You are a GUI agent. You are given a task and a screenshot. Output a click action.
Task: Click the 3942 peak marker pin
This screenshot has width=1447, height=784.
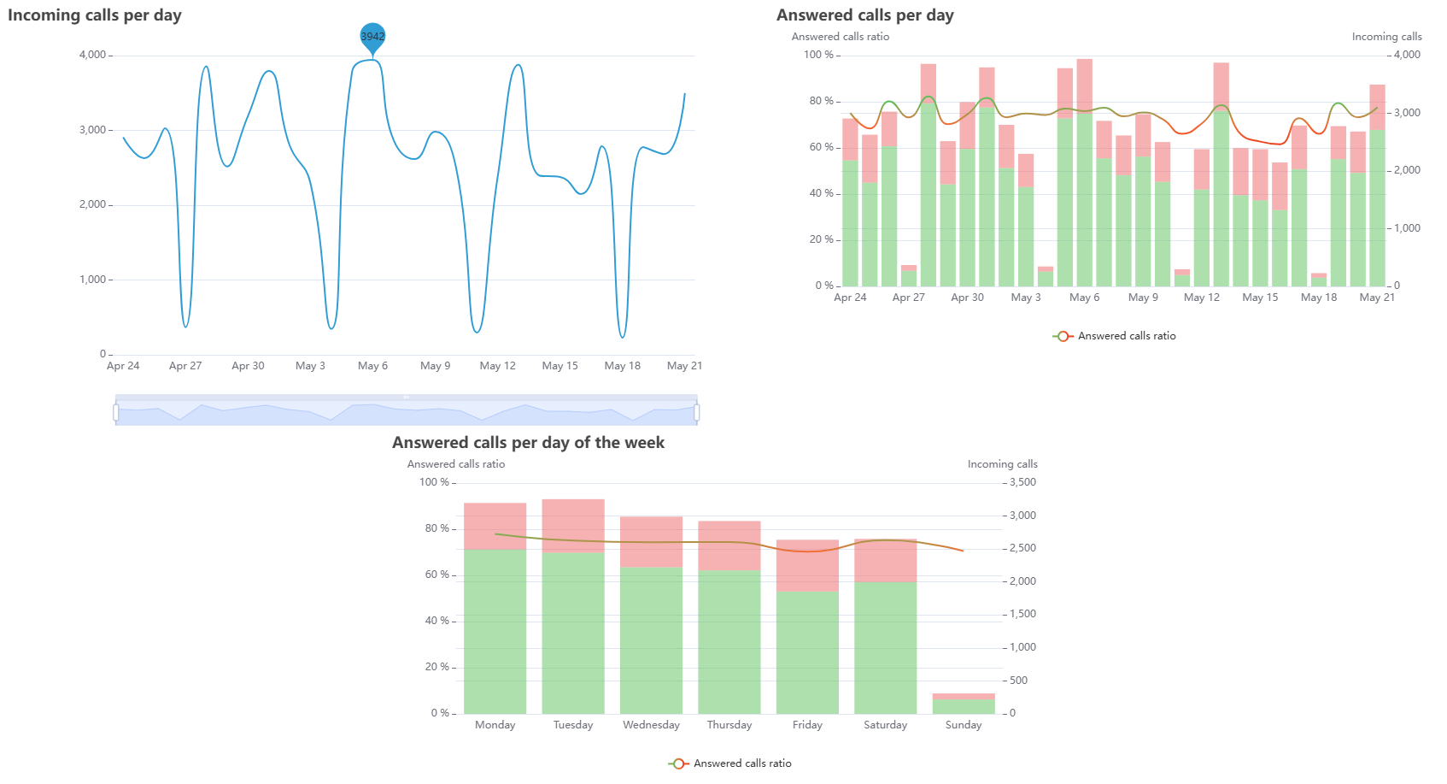coord(372,36)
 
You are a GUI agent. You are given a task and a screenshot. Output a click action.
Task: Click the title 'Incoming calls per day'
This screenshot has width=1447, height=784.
coord(95,15)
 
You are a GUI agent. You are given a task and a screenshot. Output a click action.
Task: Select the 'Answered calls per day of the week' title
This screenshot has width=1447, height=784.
coord(528,443)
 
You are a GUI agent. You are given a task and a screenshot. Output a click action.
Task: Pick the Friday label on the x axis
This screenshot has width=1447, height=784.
coord(807,725)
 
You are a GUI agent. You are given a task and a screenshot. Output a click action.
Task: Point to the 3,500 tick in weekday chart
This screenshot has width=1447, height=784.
coord(1022,482)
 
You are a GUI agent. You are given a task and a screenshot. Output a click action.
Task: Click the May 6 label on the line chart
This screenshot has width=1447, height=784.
coord(372,366)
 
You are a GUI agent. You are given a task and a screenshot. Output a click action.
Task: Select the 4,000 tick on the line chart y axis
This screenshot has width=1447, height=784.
coord(92,55)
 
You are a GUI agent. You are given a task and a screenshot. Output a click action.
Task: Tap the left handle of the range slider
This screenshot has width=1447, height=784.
coord(116,413)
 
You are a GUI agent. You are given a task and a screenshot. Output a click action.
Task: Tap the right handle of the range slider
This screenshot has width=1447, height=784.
coord(697,413)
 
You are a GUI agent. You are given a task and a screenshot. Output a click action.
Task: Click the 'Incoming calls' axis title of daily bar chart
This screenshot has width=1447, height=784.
coord(1386,37)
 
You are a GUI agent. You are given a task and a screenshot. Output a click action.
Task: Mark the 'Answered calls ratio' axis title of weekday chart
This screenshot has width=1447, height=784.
coord(456,464)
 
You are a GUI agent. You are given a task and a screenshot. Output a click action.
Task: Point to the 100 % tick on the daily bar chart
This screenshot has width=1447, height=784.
coord(818,55)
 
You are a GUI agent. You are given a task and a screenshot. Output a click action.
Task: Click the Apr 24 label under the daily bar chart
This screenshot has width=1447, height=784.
coord(850,298)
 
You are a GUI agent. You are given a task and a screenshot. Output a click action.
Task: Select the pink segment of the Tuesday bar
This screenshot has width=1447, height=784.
coord(573,525)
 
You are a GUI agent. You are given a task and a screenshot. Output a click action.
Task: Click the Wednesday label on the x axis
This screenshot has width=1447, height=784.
coord(651,725)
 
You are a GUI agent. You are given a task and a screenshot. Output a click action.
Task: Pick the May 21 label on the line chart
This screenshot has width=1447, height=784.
coord(684,366)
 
